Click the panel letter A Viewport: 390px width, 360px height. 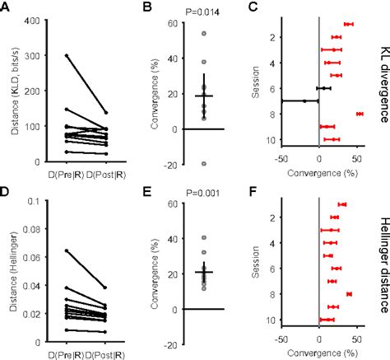pos(6,7)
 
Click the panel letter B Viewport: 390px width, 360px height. pos(149,7)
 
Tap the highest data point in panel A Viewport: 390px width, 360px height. pos(65,55)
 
